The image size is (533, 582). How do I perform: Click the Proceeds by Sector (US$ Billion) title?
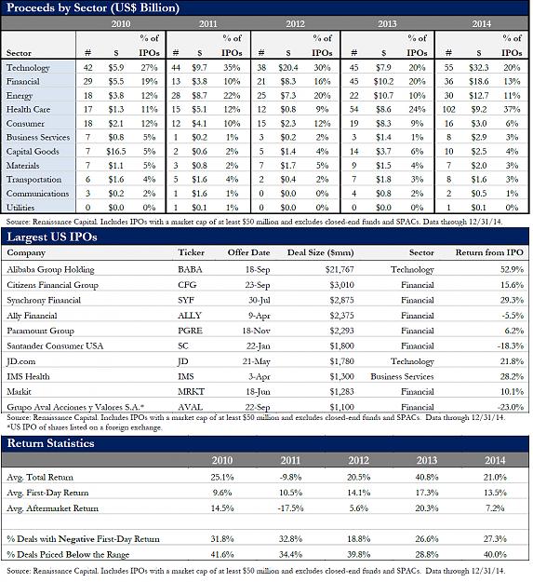click(x=93, y=7)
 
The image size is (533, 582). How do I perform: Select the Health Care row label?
click(x=28, y=110)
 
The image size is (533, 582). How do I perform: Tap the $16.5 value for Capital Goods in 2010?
click(x=116, y=152)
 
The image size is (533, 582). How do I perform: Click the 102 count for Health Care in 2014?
click(x=448, y=110)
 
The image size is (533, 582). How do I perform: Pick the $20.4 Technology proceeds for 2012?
click(x=288, y=68)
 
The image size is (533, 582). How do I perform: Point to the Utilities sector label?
click(x=20, y=207)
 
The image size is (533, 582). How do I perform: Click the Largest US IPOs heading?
click(x=52, y=237)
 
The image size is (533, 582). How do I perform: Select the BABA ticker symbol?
click(x=190, y=269)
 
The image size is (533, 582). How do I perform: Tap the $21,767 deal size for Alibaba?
click(x=340, y=269)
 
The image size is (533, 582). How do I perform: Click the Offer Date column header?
click(x=248, y=252)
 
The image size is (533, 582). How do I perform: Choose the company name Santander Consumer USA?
click(x=55, y=345)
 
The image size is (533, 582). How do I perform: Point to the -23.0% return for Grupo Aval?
click(x=511, y=407)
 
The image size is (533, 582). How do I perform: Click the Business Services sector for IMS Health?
click(x=402, y=376)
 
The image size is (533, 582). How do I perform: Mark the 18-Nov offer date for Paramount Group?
click(x=256, y=331)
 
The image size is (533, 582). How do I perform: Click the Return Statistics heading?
click(x=51, y=443)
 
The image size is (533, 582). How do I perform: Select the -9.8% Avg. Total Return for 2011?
click(x=290, y=478)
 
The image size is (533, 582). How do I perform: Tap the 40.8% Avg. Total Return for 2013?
click(x=427, y=478)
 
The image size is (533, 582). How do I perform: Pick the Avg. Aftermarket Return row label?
click(x=53, y=508)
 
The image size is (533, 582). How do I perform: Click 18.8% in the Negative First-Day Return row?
click(x=358, y=539)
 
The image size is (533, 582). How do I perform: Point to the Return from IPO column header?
click(x=489, y=252)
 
